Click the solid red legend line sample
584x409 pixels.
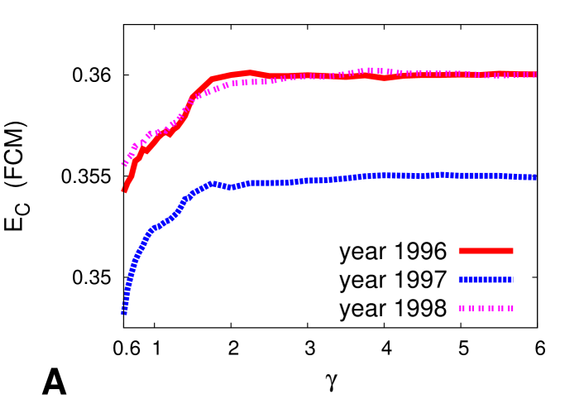(486, 251)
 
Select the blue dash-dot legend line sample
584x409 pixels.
(486, 280)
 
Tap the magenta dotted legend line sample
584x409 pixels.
(486, 308)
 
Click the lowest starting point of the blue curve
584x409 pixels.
(124, 312)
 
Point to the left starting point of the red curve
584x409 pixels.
(125, 190)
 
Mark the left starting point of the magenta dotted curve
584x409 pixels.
(125, 164)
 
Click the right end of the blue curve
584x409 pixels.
(534, 177)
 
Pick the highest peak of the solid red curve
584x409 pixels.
(248, 73)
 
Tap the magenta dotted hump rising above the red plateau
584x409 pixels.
(370, 71)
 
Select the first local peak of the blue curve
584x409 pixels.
(213, 184)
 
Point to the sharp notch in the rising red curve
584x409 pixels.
(170, 134)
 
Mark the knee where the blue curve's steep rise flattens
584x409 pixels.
(152, 229)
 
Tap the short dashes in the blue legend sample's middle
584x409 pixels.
(486, 280)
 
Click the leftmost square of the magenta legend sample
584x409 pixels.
(462, 308)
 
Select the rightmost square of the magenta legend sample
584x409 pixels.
(510, 308)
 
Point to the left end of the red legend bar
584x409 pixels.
(460, 251)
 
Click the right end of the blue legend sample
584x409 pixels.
(512, 280)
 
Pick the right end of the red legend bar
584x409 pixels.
(512, 251)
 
